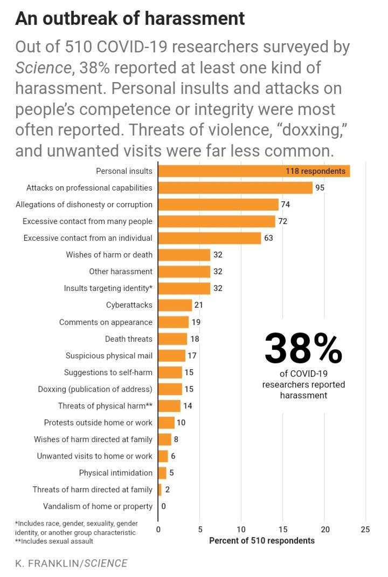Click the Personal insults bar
click(x=254, y=171)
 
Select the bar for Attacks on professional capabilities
click(x=235, y=188)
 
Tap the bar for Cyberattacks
click(x=175, y=305)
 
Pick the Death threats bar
click(x=172, y=339)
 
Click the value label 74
click(x=286, y=205)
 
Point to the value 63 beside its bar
click(x=268, y=238)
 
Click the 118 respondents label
click(x=315, y=171)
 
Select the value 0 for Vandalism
click(x=163, y=506)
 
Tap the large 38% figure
click(x=303, y=349)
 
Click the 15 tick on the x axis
click(x=283, y=530)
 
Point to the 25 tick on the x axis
click(x=365, y=530)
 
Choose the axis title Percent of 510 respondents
click(x=262, y=541)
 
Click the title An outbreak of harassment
click(x=130, y=18)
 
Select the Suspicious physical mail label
click(x=109, y=356)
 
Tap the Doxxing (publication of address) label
click(x=95, y=389)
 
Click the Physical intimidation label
click(x=116, y=473)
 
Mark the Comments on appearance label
click(x=106, y=322)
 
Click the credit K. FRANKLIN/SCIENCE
click(x=71, y=564)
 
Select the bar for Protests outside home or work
click(x=167, y=423)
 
